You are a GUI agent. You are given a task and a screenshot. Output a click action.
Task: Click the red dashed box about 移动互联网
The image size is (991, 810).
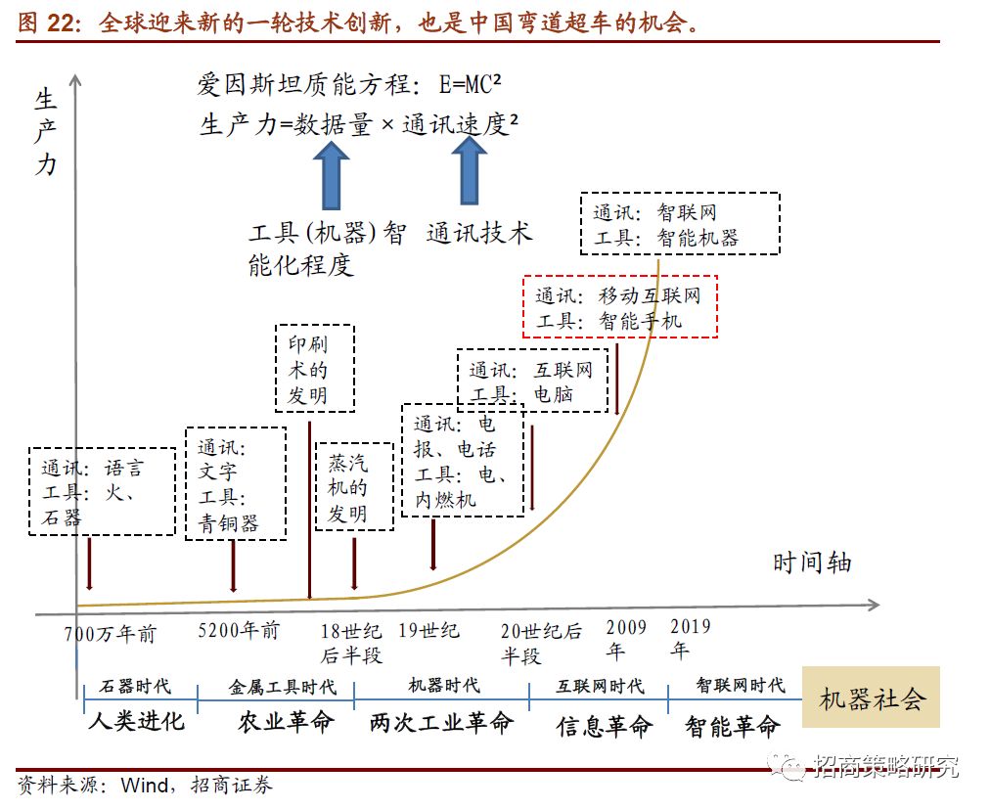click(x=620, y=307)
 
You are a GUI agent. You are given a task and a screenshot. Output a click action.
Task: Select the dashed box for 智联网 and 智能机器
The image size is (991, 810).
click(x=685, y=223)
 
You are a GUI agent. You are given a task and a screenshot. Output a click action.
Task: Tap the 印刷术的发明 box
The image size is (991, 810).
click(x=314, y=368)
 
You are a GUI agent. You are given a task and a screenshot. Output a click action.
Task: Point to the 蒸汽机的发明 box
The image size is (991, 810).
click(x=354, y=486)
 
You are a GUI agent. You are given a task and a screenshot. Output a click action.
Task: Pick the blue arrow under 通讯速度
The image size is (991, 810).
click(x=471, y=170)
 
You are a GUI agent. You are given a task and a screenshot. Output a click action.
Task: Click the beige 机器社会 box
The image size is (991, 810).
click(x=871, y=697)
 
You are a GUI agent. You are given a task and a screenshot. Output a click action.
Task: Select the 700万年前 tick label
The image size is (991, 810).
click(x=111, y=635)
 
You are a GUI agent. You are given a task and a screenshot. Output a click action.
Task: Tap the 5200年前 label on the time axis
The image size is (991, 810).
click(x=239, y=631)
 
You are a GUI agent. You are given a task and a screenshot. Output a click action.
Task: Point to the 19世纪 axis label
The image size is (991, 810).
click(x=428, y=631)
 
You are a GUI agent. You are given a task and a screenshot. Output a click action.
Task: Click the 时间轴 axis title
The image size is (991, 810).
click(x=812, y=562)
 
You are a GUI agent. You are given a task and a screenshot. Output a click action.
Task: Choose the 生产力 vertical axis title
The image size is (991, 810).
click(x=46, y=132)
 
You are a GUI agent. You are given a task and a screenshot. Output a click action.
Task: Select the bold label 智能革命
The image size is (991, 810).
click(x=732, y=726)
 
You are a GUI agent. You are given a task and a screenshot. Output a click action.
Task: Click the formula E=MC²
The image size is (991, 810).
click(x=476, y=84)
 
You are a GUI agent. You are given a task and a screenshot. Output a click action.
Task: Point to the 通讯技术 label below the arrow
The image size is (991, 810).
click(x=479, y=234)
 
